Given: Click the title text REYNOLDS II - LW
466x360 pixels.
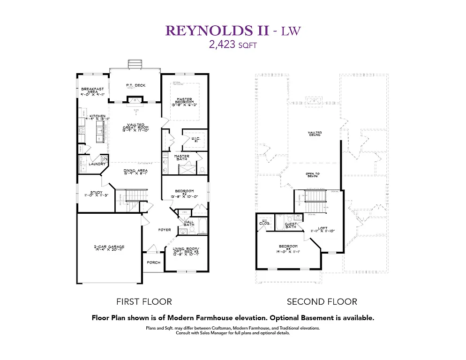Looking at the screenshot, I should click(x=233, y=31).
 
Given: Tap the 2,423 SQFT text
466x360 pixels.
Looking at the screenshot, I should click(x=233, y=45).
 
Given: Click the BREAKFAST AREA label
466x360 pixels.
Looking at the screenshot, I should click(x=92, y=90).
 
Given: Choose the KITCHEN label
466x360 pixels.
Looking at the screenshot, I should click(x=98, y=116).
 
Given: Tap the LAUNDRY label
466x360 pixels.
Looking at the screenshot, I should click(x=98, y=164).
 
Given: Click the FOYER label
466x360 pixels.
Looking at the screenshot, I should click(x=164, y=230).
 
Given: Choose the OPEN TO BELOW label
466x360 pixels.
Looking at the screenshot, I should click(x=313, y=175).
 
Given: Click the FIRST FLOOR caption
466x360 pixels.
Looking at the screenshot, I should click(x=144, y=301).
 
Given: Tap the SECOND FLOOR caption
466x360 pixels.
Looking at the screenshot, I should click(x=322, y=301).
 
